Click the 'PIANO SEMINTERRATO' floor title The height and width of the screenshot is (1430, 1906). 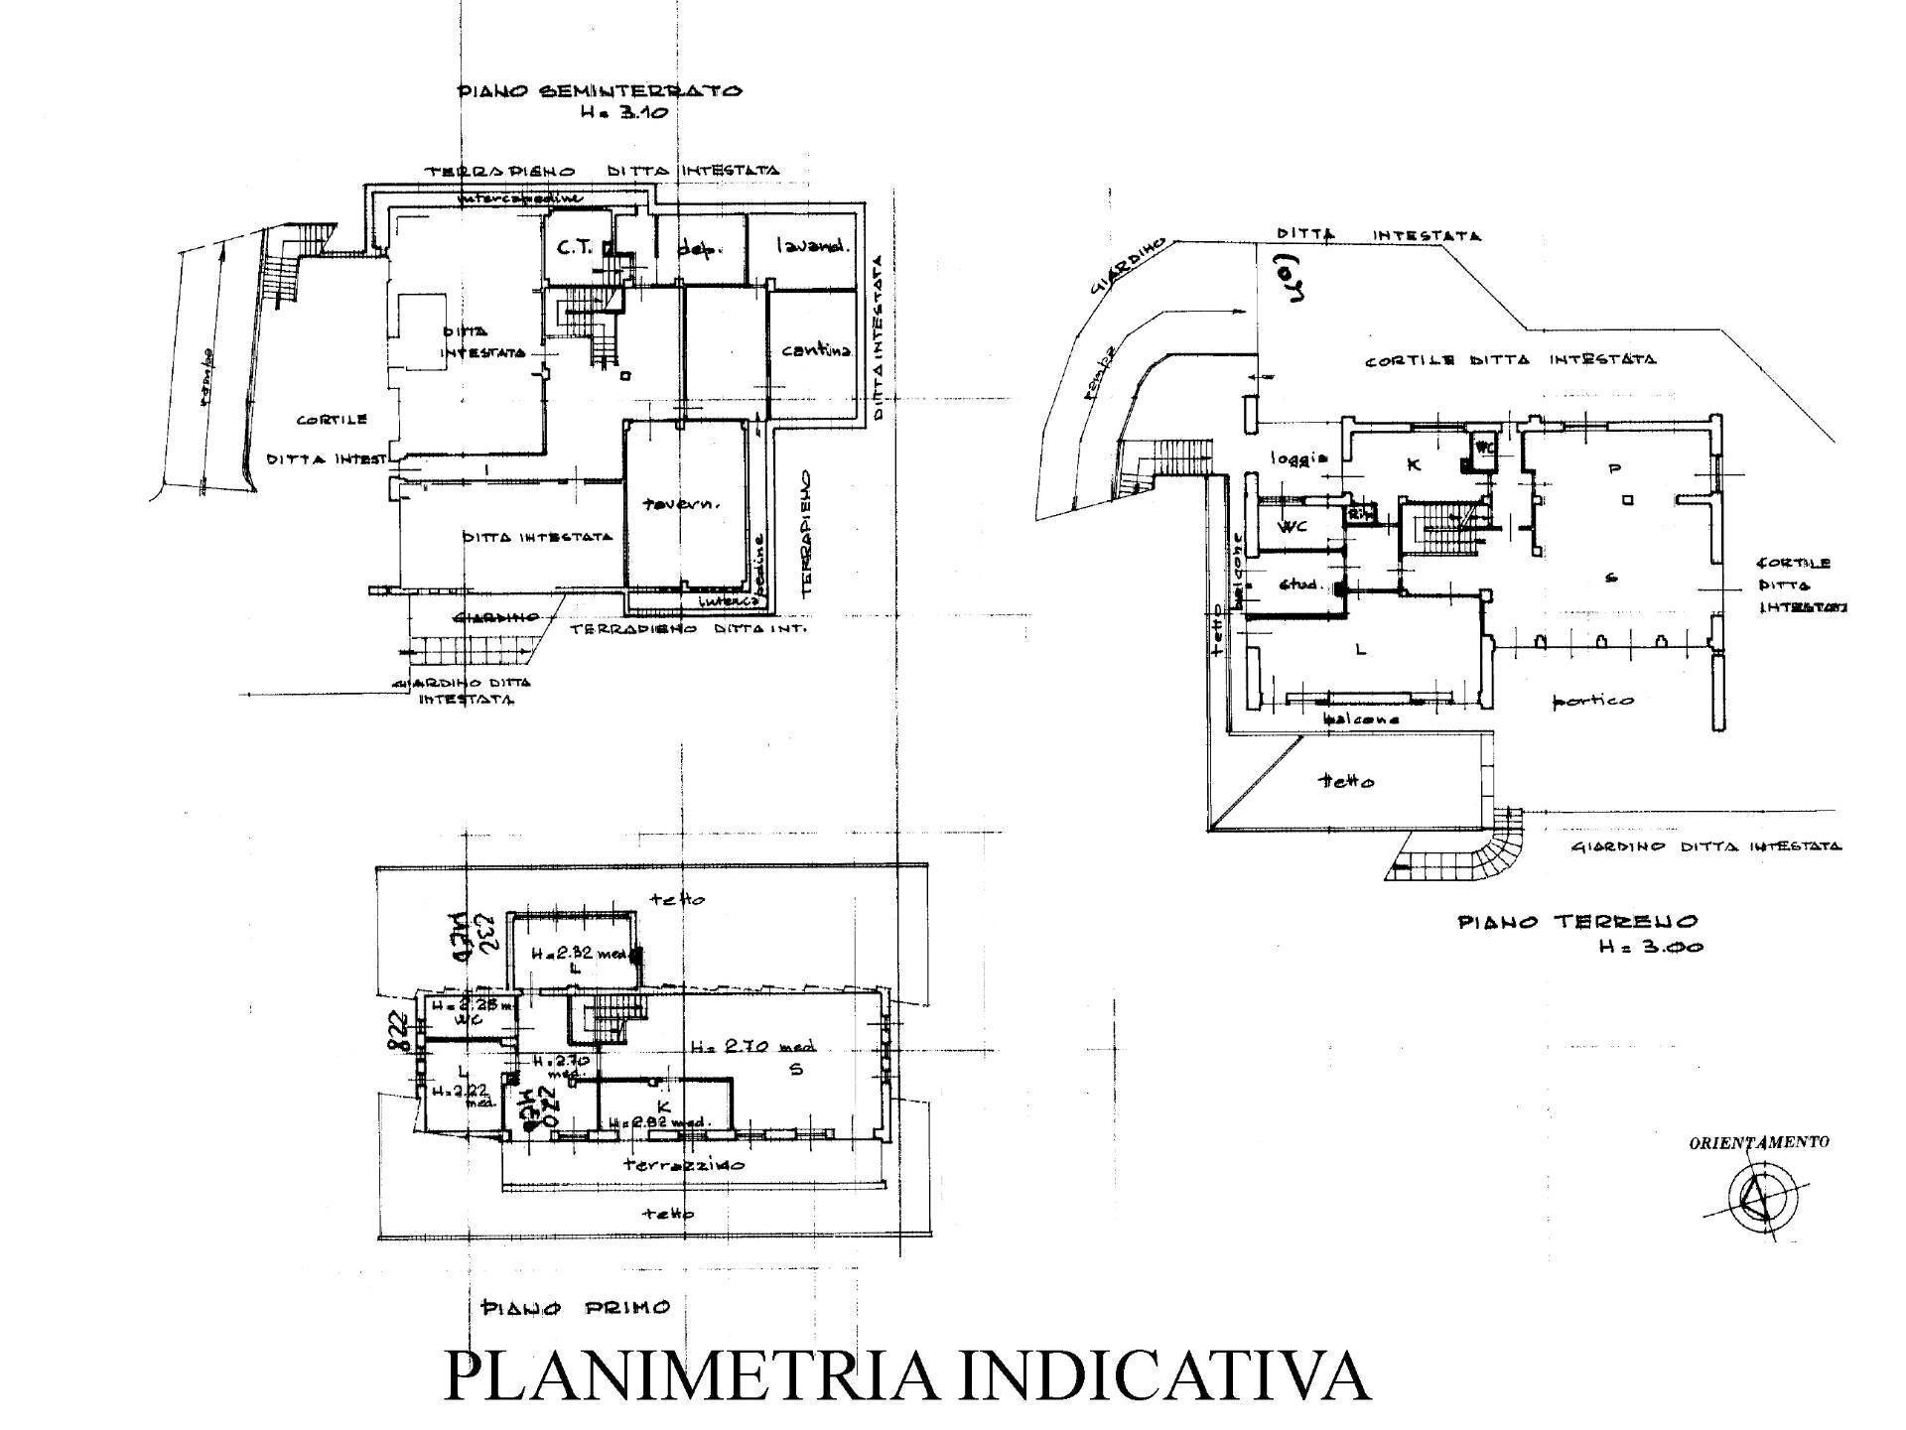click(599, 91)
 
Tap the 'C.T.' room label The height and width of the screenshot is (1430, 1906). click(573, 248)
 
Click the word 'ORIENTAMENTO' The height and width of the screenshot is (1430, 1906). click(1758, 1142)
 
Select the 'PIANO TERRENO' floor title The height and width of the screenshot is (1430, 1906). click(1577, 922)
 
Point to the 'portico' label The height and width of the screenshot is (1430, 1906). click(1592, 702)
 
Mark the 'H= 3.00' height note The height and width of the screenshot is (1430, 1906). click(1650, 947)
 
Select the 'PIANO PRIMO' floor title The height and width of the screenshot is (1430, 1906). click(575, 1307)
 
